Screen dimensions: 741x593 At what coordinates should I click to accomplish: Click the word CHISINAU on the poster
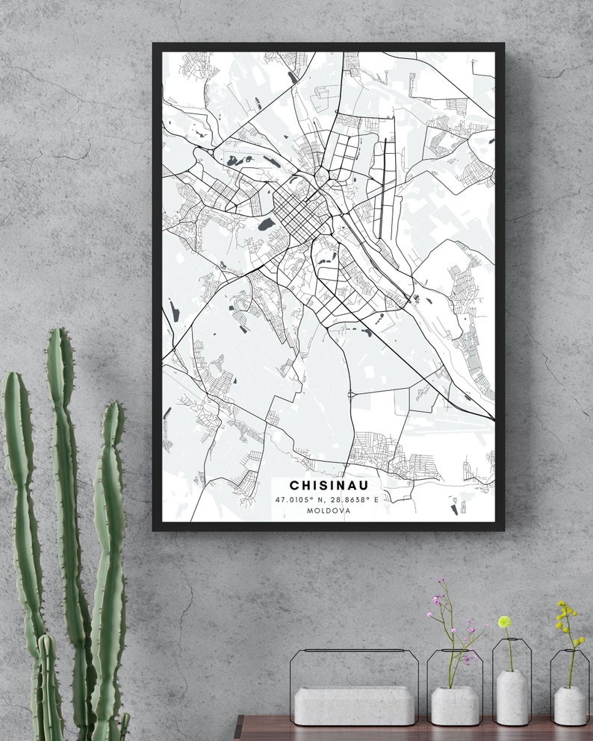[329, 486]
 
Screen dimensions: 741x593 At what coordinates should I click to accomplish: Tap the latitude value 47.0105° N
[301, 499]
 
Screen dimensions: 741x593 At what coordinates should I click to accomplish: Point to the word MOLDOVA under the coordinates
[329, 511]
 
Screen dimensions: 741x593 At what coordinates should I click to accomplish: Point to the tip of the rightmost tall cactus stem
[114, 407]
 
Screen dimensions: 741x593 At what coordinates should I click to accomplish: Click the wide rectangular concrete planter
[355, 704]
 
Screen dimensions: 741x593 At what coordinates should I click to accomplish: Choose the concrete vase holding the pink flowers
[455, 705]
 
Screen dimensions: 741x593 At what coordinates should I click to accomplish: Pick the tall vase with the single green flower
[512, 697]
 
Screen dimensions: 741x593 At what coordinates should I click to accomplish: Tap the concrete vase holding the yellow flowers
[570, 705]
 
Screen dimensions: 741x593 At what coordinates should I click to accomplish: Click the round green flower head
[505, 622]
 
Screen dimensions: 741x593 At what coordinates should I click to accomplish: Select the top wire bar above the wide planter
[355, 651]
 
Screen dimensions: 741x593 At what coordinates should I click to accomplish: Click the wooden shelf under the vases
[411, 732]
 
